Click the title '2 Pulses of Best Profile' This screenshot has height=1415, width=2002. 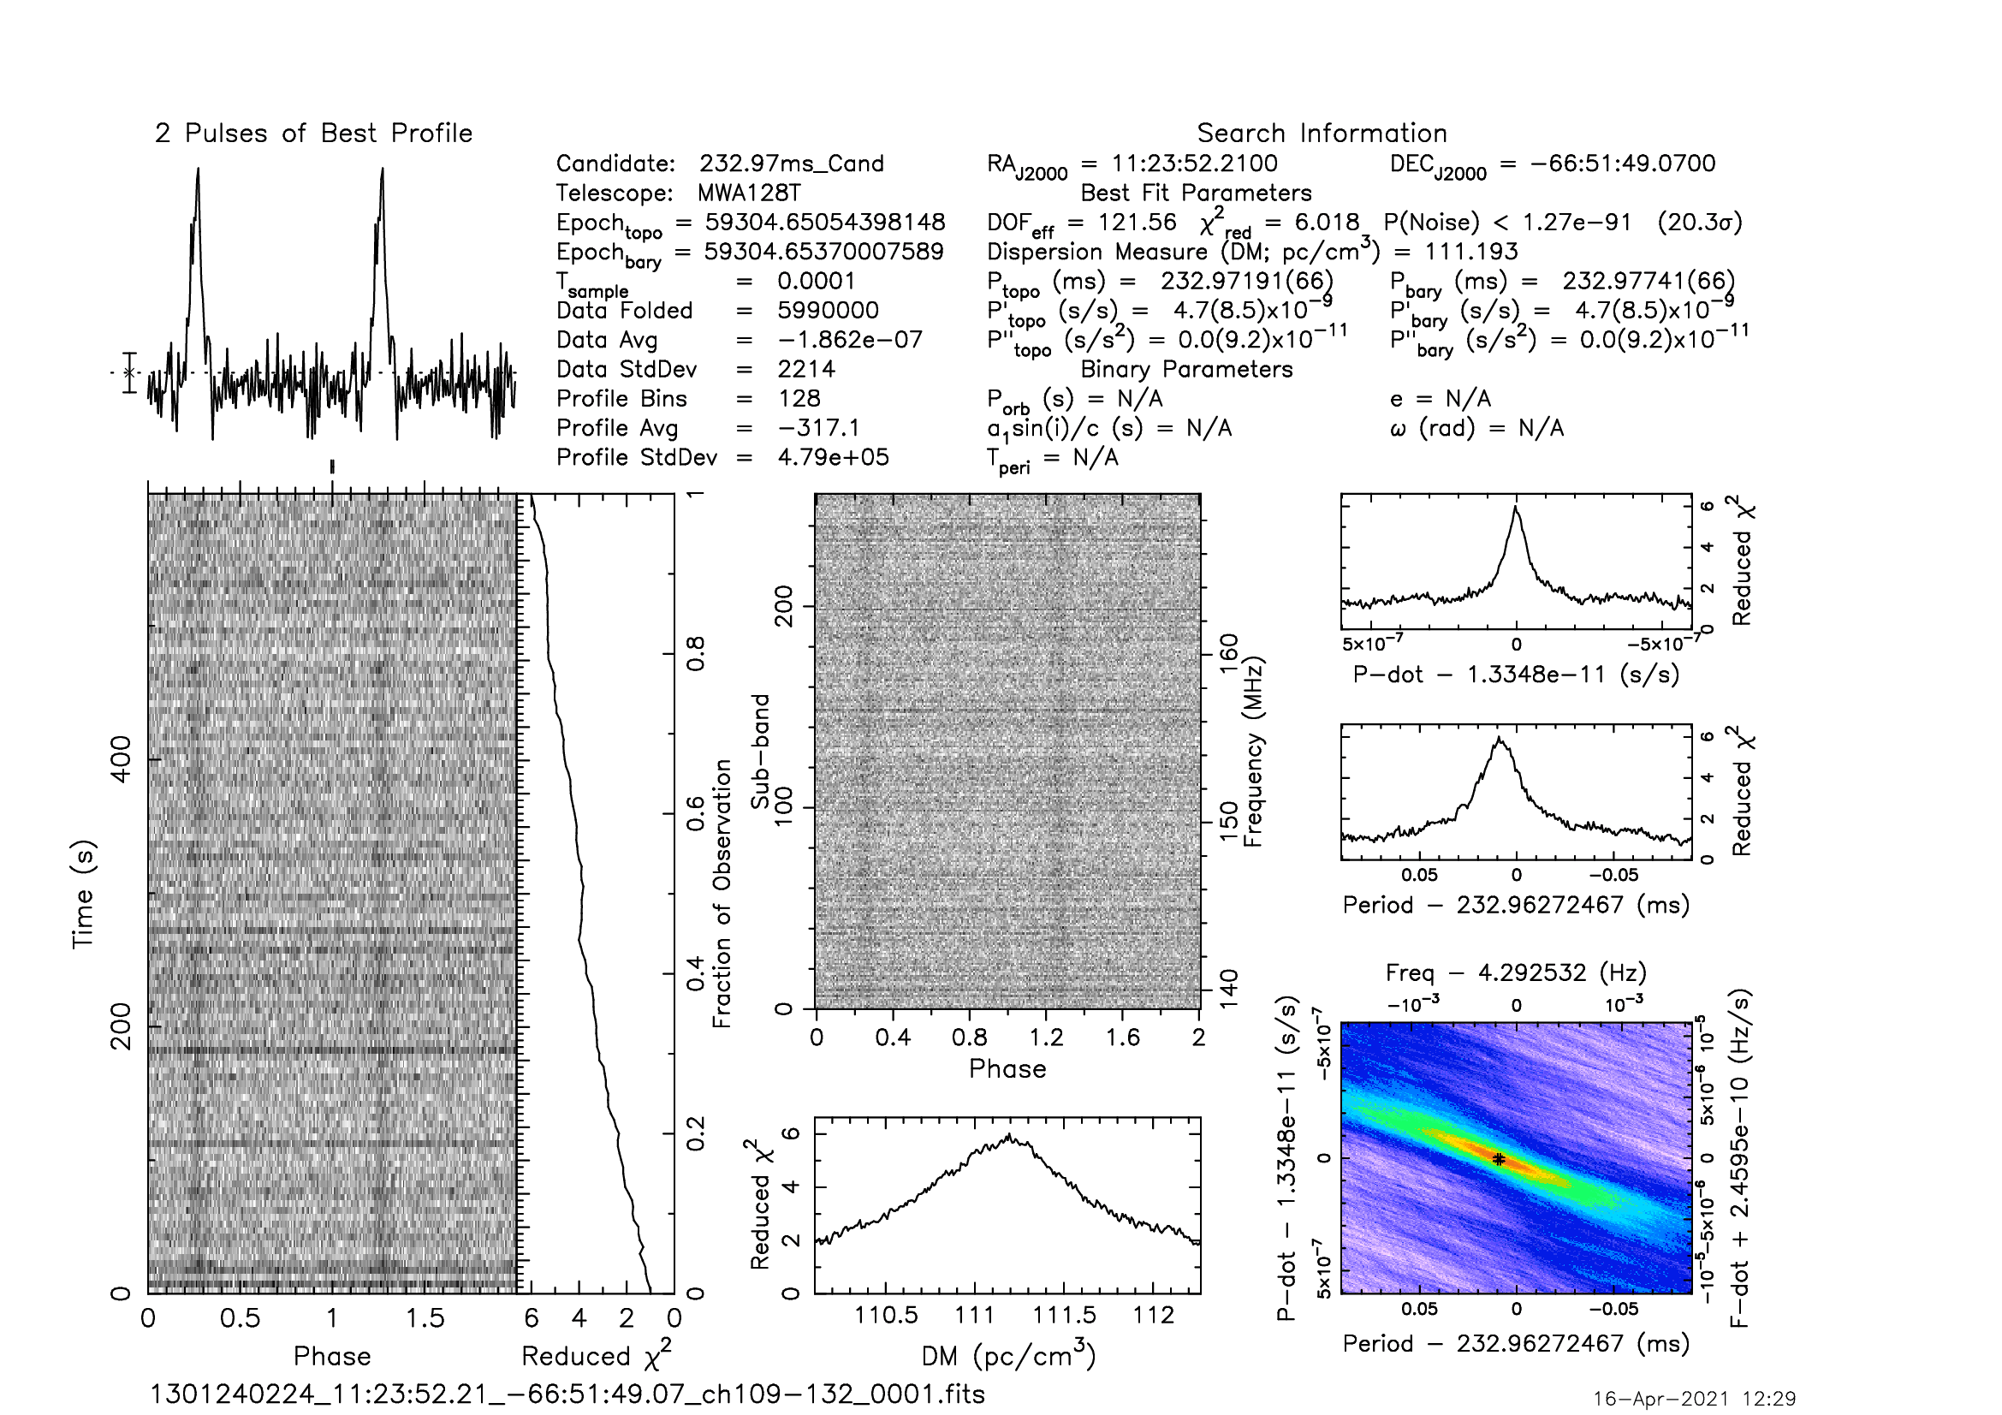pos(314,134)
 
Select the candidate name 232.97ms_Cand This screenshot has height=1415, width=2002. pos(792,163)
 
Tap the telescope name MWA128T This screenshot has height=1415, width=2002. pos(749,193)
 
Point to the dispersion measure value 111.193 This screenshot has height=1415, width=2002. pos(1471,252)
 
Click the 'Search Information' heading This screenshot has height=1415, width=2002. pos(1322,134)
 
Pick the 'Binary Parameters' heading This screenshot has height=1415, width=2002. pos(1186,370)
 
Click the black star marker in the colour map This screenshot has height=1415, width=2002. pos(1498,1160)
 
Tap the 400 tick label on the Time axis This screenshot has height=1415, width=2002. pos(122,759)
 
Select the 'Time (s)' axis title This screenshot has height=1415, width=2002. pos(83,895)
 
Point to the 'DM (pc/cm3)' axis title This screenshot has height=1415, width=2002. pos(1008,1354)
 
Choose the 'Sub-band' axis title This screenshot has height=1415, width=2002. pos(760,752)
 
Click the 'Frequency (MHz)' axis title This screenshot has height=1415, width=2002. pos(1253,752)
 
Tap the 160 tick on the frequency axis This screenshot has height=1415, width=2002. pos(1227,654)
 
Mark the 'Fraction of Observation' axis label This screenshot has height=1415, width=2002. pos(722,894)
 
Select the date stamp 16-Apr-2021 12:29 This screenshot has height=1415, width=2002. pos(1695,1399)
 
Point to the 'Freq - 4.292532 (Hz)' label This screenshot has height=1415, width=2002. pos(1516,972)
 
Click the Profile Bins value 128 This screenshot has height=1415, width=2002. pos(799,398)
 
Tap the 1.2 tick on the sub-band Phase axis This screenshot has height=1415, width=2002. pos(1045,1037)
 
